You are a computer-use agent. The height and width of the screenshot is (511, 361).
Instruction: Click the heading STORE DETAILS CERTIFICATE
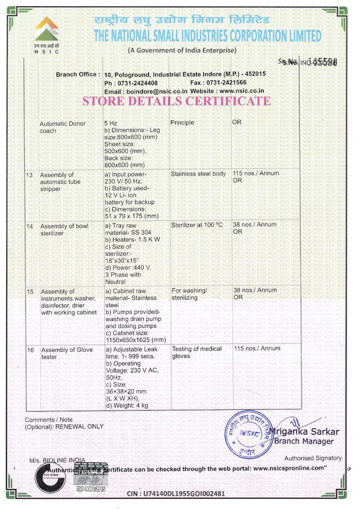point(176,101)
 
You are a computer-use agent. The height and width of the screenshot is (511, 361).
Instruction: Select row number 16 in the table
point(30,350)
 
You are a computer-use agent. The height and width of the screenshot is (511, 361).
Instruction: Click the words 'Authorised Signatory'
point(313,458)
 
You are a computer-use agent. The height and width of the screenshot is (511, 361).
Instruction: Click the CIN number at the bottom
point(176,494)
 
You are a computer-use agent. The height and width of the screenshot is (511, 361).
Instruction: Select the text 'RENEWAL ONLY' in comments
point(79,426)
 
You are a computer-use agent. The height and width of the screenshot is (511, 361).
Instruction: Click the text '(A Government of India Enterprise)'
point(182,50)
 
